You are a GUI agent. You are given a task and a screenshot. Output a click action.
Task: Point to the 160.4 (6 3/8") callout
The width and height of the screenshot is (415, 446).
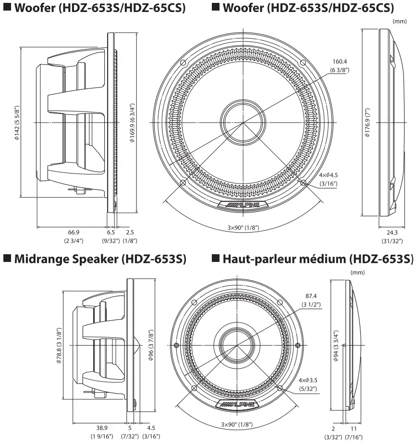click(339, 66)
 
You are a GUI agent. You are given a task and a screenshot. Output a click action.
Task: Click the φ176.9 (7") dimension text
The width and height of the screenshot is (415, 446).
click(367, 123)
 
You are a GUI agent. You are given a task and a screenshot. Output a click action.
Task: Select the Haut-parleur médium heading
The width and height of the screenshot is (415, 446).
click(312, 260)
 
